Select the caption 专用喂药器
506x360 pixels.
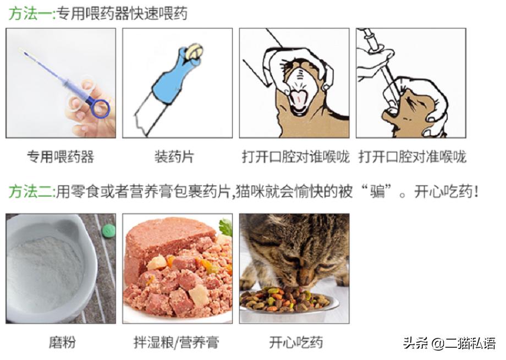pos(61,157)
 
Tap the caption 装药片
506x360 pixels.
pos(174,157)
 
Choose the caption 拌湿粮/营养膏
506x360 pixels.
pos(176,342)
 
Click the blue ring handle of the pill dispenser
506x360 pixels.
pos(100,108)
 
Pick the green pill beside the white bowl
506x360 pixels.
pos(109,231)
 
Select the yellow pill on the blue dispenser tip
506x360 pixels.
pos(193,52)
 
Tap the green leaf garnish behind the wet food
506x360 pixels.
pos(226,226)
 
